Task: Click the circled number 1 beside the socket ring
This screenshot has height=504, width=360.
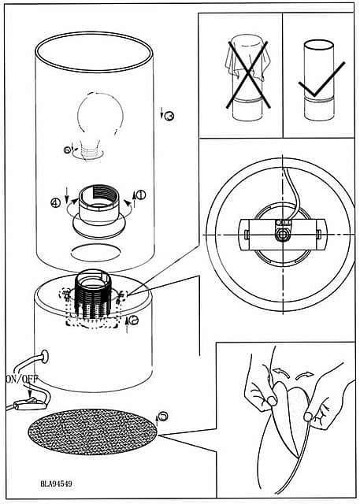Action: pyautogui.click(x=141, y=195)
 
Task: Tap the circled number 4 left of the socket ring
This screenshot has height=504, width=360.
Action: pyautogui.click(x=56, y=203)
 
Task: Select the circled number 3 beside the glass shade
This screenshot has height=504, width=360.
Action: pyautogui.click(x=169, y=116)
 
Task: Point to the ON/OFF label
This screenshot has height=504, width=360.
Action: pyautogui.click(x=22, y=379)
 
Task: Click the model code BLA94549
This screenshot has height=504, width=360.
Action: pyautogui.click(x=56, y=484)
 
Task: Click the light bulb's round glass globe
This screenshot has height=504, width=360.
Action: pyautogui.click(x=100, y=115)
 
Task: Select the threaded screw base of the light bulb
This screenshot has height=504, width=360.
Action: pyautogui.click(x=91, y=151)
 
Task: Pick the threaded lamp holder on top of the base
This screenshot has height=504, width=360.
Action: pyautogui.click(x=93, y=294)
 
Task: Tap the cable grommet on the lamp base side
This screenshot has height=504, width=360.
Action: pyautogui.click(x=45, y=357)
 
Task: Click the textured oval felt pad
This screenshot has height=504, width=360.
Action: pyautogui.click(x=93, y=432)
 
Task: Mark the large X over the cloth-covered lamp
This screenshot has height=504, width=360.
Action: pyautogui.click(x=248, y=75)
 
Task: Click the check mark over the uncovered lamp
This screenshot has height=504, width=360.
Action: pyautogui.click(x=321, y=80)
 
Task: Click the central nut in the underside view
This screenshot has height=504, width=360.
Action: pyautogui.click(x=283, y=235)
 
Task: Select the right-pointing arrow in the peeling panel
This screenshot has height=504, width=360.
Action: pyautogui.click(x=304, y=375)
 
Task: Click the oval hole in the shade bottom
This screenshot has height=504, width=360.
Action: pyautogui.click(x=95, y=252)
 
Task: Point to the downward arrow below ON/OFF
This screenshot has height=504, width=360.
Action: pyautogui.click(x=29, y=391)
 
